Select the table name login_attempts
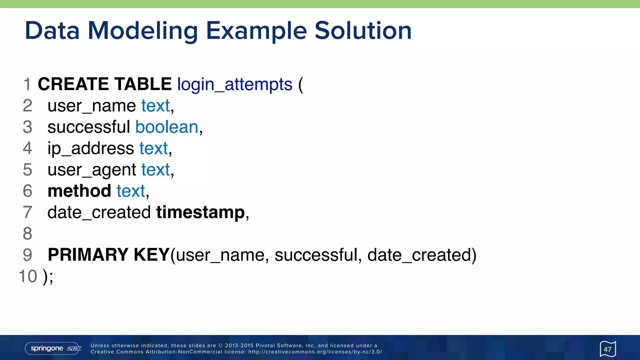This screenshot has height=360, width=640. point(235,84)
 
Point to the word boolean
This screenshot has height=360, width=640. point(167,127)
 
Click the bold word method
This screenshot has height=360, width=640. point(79,191)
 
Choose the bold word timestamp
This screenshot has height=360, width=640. point(200,212)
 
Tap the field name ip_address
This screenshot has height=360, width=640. point(91,148)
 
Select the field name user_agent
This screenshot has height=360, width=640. point(92,170)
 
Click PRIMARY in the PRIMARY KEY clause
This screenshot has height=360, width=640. point(88,255)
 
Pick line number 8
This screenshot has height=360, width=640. point(27,234)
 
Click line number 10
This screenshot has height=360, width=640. point(28,276)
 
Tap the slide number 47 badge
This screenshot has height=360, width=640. point(607,349)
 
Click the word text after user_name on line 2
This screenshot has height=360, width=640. point(155,106)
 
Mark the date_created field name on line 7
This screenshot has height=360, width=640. point(99,212)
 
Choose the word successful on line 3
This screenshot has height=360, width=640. point(88,127)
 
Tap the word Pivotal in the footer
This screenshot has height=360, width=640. point(265,346)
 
